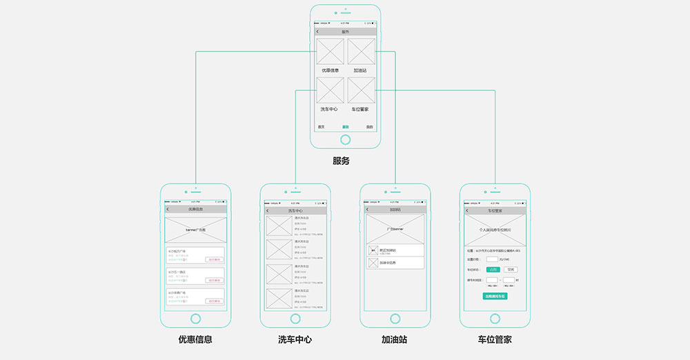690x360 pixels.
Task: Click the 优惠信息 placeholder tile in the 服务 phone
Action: click(x=331, y=52)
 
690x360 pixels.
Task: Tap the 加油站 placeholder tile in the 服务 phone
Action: click(x=361, y=52)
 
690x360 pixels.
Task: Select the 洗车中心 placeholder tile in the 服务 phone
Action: click(x=331, y=90)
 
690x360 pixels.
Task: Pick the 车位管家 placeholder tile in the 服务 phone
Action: click(x=361, y=90)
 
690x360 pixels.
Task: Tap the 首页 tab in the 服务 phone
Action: click(x=321, y=127)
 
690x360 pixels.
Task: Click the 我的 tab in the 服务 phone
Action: click(x=370, y=127)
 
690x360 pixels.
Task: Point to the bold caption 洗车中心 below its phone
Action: click(x=295, y=339)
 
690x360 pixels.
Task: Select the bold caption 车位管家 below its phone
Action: click(x=495, y=339)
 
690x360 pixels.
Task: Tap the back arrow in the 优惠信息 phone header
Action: click(x=168, y=209)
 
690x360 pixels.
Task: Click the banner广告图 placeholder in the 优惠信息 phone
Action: click(x=195, y=229)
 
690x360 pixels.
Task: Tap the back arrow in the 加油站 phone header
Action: click(x=368, y=209)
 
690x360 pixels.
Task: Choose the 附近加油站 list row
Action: click(x=395, y=251)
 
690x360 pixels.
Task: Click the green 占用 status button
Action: click(x=493, y=269)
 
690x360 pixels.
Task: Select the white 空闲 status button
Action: click(x=510, y=269)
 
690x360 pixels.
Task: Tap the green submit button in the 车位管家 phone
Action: click(x=495, y=296)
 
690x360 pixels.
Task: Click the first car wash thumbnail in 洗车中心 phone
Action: click(x=280, y=226)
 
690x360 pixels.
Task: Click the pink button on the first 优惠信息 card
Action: click(x=214, y=260)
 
